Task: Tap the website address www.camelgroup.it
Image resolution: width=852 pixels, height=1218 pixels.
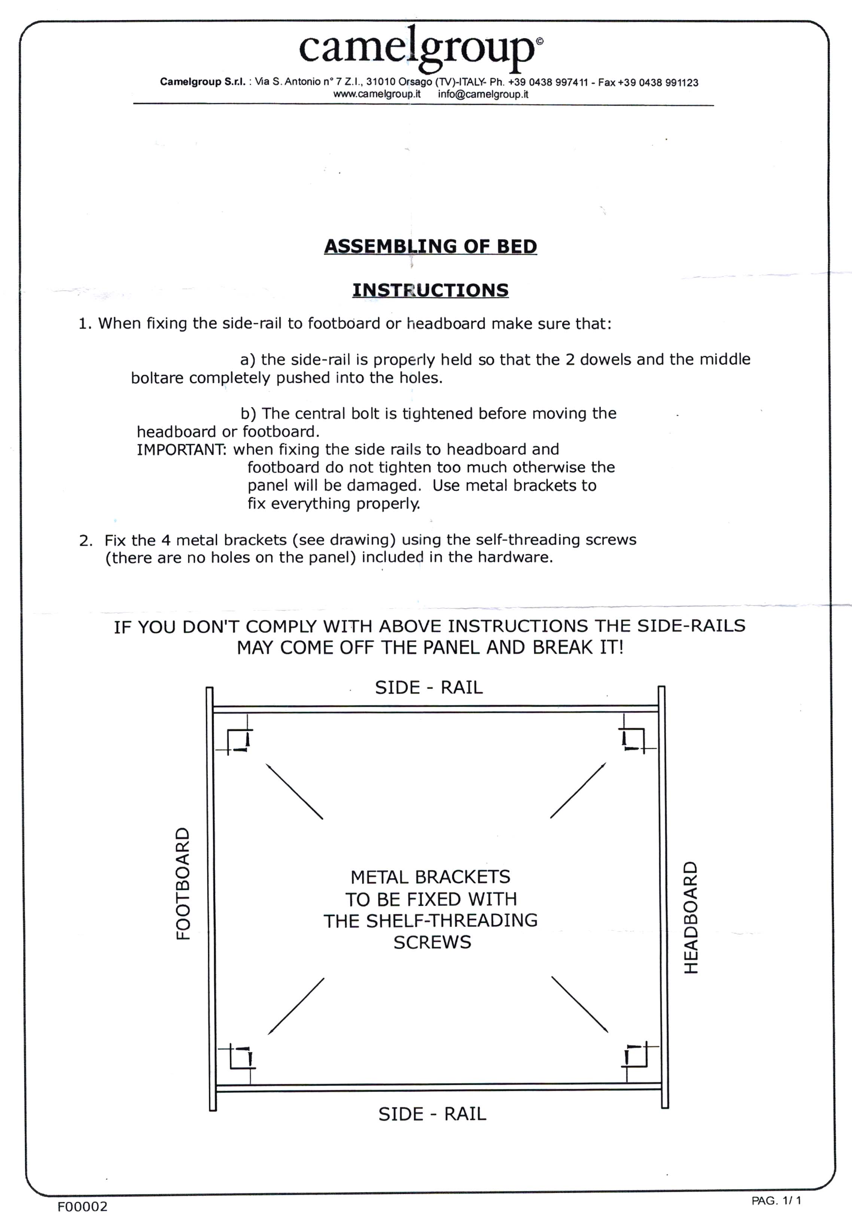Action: (x=377, y=94)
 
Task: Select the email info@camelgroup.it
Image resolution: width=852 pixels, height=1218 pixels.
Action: (x=483, y=94)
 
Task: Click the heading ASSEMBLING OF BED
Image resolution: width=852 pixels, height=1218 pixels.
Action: (x=430, y=246)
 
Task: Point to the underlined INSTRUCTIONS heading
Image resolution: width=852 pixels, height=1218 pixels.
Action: (x=430, y=290)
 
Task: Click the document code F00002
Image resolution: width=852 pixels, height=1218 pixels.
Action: (x=82, y=1207)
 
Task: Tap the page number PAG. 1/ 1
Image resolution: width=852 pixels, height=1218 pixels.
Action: (x=776, y=1200)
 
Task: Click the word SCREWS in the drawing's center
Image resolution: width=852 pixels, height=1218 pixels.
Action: (x=432, y=943)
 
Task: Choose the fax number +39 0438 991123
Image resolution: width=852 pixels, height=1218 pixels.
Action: (x=658, y=83)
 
